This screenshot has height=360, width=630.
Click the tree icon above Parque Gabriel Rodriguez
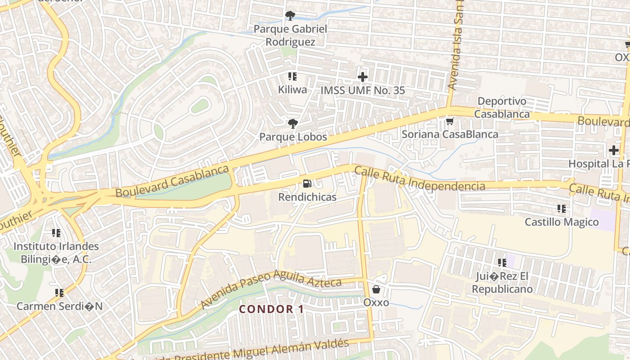(290, 16)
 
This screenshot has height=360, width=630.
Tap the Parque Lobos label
(293, 137)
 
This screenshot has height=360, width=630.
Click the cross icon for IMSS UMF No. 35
(362, 77)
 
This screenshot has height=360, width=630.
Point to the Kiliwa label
(292, 90)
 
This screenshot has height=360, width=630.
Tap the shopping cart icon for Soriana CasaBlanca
(449, 121)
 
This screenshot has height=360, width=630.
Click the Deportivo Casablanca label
(502, 108)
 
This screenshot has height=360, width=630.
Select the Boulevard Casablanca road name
(172, 181)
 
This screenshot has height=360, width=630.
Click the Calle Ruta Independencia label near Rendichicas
(419, 180)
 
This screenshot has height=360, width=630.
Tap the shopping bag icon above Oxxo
(376, 289)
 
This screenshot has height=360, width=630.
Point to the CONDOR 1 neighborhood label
(271, 309)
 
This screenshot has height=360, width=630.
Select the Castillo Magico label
(562, 222)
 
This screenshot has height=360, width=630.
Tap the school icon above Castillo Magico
(561, 209)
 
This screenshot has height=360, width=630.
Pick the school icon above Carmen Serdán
(59, 293)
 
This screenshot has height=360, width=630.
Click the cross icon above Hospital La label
(614, 150)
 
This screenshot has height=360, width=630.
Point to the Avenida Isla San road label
(456, 49)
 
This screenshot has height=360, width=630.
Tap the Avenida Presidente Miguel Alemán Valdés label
(252, 351)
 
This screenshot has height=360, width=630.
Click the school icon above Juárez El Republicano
(502, 263)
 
